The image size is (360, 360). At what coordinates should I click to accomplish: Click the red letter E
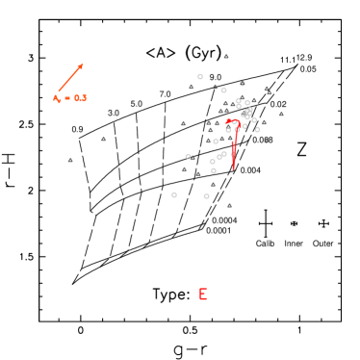coord(202,295)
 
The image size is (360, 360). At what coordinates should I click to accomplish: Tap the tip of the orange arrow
coord(84,64)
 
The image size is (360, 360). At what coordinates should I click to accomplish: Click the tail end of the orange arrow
coord(58,92)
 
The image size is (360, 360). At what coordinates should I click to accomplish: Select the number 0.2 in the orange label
coord(80,98)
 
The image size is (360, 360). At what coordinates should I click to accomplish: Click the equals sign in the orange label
coord(68,98)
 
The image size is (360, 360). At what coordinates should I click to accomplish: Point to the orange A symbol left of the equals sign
coord(57,98)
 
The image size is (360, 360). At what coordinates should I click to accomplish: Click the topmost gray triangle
coord(226,56)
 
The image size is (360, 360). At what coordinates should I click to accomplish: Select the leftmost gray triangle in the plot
coord(70,160)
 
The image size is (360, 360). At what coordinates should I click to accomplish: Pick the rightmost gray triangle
coord(281,114)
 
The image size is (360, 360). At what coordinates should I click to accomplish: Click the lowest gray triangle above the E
coord(229,205)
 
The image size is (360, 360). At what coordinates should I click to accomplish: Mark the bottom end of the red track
coord(233,169)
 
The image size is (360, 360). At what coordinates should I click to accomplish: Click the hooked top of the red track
coord(228,120)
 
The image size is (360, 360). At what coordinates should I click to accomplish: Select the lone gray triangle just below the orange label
coord(104,139)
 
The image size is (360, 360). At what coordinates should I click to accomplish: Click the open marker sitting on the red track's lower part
coord(233,154)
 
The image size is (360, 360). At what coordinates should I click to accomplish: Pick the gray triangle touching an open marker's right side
coord(193,157)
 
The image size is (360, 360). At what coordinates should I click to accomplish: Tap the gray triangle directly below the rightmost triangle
coord(267,140)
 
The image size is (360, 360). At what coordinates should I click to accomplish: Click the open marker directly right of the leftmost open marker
coord(206,196)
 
